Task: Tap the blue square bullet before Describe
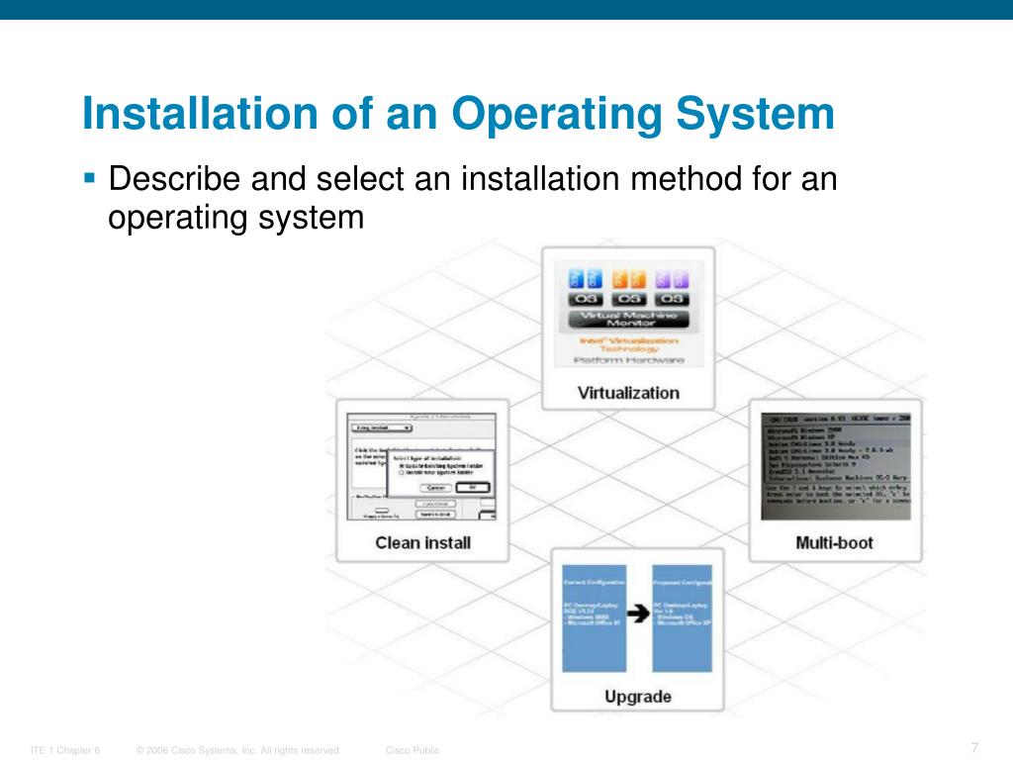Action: pyautogui.click(x=89, y=179)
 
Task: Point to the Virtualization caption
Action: pyautogui.click(x=628, y=393)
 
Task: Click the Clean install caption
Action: pyautogui.click(x=422, y=542)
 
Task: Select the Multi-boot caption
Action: pyautogui.click(x=834, y=542)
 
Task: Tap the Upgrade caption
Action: pyautogui.click(x=637, y=697)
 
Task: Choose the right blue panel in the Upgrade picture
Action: pyautogui.click(x=683, y=617)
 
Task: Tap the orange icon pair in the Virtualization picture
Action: pyautogui.click(x=628, y=279)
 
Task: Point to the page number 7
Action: pyautogui.click(x=974, y=746)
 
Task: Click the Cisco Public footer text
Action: pyautogui.click(x=413, y=750)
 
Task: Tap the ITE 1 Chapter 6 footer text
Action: pyautogui.click(x=65, y=750)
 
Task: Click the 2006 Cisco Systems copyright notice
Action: pyautogui.click(x=238, y=750)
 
